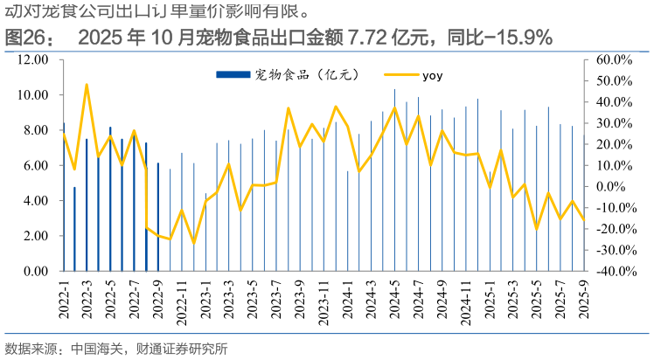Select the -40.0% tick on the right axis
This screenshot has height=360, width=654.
click(613, 271)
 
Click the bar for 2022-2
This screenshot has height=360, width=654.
click(74, 229)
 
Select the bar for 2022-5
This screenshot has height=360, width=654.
click(110, 199)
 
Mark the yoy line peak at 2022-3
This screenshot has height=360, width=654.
click(87, 85)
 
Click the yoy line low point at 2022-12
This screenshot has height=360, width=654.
click(193, 243)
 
